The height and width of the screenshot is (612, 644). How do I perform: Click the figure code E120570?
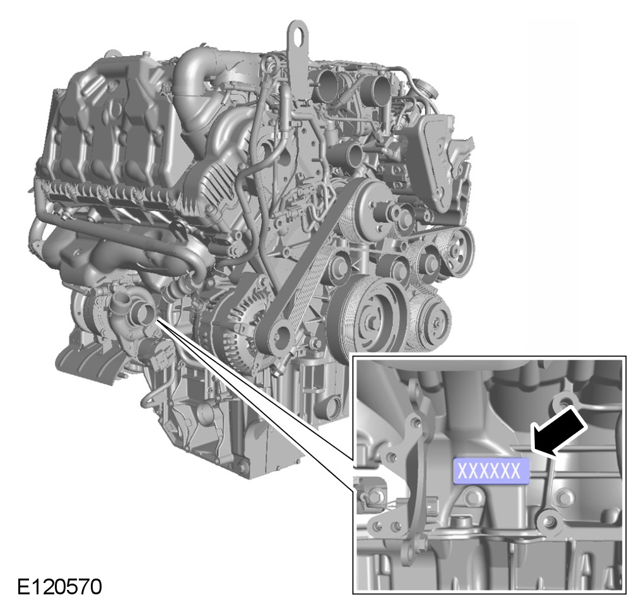pos(59,587)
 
